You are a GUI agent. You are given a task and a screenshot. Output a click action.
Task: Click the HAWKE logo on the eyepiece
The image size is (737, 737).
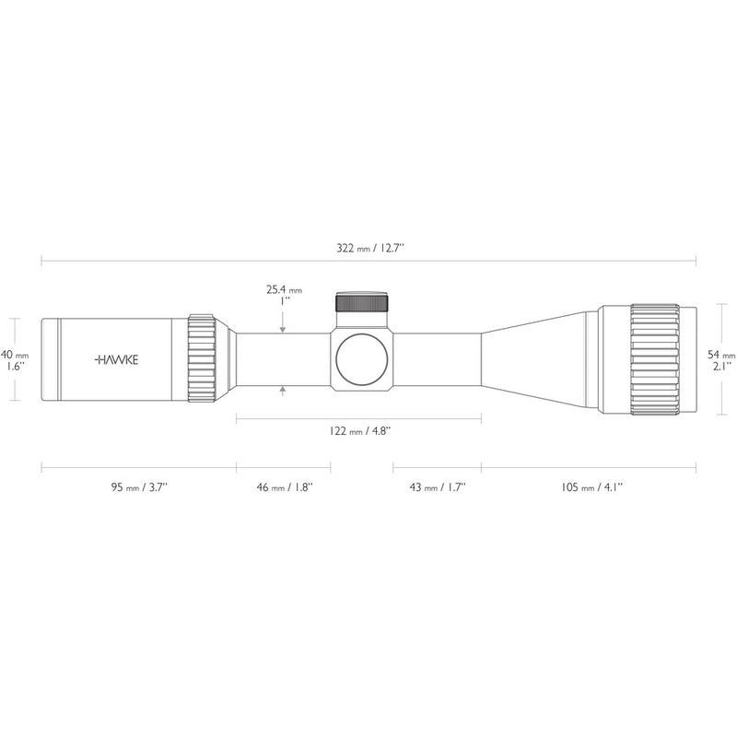pyautogui.click(x=117, y=360)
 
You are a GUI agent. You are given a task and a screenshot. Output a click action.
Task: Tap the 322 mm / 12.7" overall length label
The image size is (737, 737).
pyautogui.click(x=370, y=248)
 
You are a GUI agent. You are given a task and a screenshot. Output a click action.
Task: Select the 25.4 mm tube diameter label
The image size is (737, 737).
pyautogui.click(x=285, y=290)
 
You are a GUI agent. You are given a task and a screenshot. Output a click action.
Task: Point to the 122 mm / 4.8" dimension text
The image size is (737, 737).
pyautogui.click(x=359, y=431)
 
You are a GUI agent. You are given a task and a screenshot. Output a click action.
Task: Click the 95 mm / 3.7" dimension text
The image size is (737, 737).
pyautogui.click(x=139, y=487)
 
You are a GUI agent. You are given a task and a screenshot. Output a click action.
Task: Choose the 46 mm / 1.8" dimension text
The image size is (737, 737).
pyautogui.click(x=285, y=487)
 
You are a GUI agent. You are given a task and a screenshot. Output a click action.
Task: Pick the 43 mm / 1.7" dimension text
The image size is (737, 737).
pyautogui.click(x=437, y=487)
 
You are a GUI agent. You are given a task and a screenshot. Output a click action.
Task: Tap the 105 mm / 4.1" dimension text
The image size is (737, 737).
pyautogui.click(x=591, y=487)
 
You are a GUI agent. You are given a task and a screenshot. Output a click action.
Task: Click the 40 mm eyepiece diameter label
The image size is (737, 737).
pyautogui.click(x=15, y=354)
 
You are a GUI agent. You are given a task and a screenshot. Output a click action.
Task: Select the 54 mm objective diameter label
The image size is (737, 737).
pyautogui.click(x=721, y=355)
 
